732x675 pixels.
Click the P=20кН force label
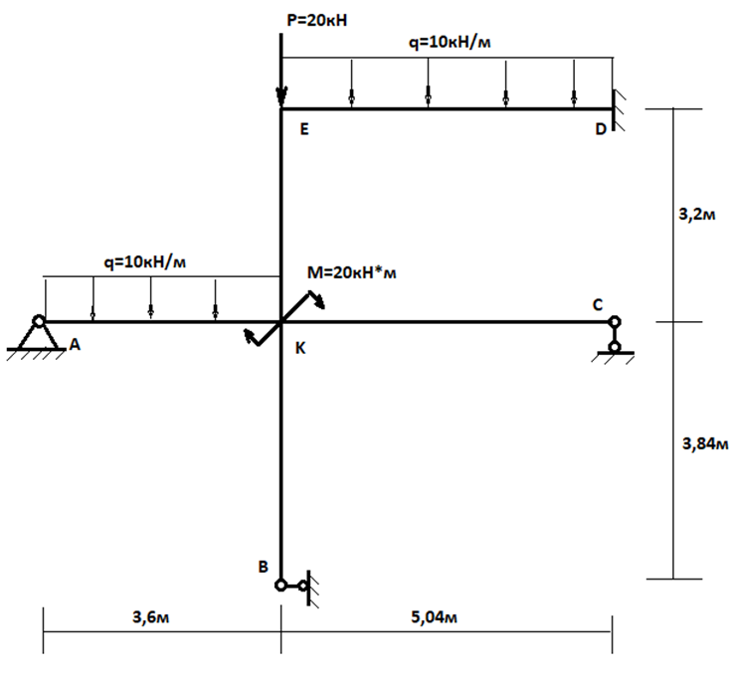317,20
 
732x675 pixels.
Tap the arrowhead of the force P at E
281,97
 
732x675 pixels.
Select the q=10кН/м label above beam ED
451,44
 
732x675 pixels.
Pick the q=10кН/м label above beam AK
145,262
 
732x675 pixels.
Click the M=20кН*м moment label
352,272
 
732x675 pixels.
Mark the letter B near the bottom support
263,567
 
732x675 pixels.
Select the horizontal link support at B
296,585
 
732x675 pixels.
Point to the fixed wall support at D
618,108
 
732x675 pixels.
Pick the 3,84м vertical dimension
705,443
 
